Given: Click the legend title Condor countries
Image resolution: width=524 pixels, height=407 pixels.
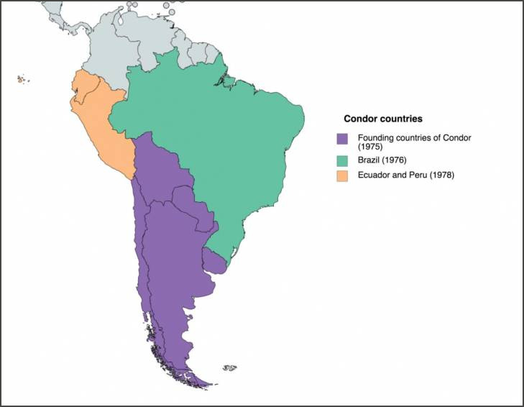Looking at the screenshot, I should pos(382,119).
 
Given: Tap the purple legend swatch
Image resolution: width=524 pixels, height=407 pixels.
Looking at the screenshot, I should pos(342,138).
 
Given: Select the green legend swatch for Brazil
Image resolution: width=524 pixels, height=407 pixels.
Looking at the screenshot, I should pos(342,160).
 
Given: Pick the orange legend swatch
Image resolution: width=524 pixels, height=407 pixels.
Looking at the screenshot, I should pos(342,175).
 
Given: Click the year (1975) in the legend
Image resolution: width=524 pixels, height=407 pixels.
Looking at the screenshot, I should pos(371,146).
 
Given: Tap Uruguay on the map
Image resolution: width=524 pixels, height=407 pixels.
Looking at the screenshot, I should pos(214,260).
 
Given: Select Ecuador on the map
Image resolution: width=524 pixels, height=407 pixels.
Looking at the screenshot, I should pos(83,89).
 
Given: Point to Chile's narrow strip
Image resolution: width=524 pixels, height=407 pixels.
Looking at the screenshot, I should pos(142,273).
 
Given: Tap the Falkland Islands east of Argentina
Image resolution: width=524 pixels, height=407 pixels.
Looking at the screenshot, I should pos(229,368).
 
